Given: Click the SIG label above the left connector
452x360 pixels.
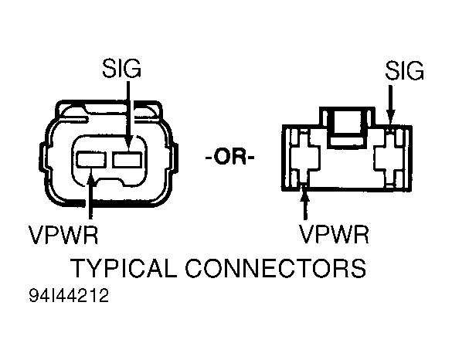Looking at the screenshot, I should click(121, 71).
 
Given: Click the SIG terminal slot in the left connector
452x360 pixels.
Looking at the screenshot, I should click(128, 161).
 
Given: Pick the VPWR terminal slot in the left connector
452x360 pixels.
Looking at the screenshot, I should click(90, 161).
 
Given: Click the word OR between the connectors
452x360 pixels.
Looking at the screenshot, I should click(232, 159).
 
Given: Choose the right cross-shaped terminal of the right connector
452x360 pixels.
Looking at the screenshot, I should click(391, 159).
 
